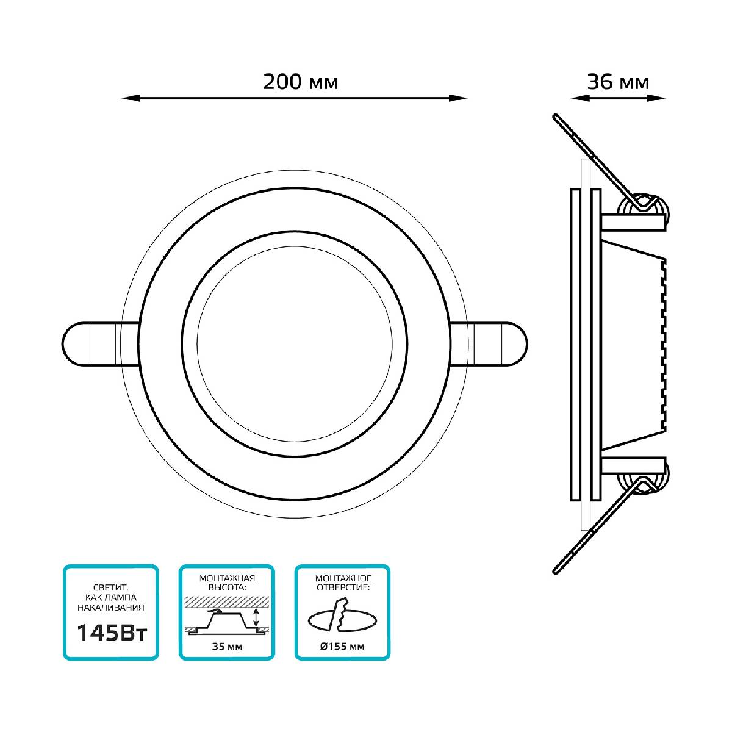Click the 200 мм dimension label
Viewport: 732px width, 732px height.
tap(300, 82)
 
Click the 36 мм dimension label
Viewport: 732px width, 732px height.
tap(618, 82)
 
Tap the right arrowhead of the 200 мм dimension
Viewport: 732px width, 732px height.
tap(459, 98)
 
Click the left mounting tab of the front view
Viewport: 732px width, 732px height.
tap(99, 344)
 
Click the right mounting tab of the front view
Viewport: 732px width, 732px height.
tap(489, 344)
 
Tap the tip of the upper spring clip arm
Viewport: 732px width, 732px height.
tap(555, 117)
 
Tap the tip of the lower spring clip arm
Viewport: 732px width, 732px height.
tap(555, 572)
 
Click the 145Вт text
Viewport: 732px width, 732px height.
tap(112, 633)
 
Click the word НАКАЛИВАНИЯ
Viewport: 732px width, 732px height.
tap(111, 608)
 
